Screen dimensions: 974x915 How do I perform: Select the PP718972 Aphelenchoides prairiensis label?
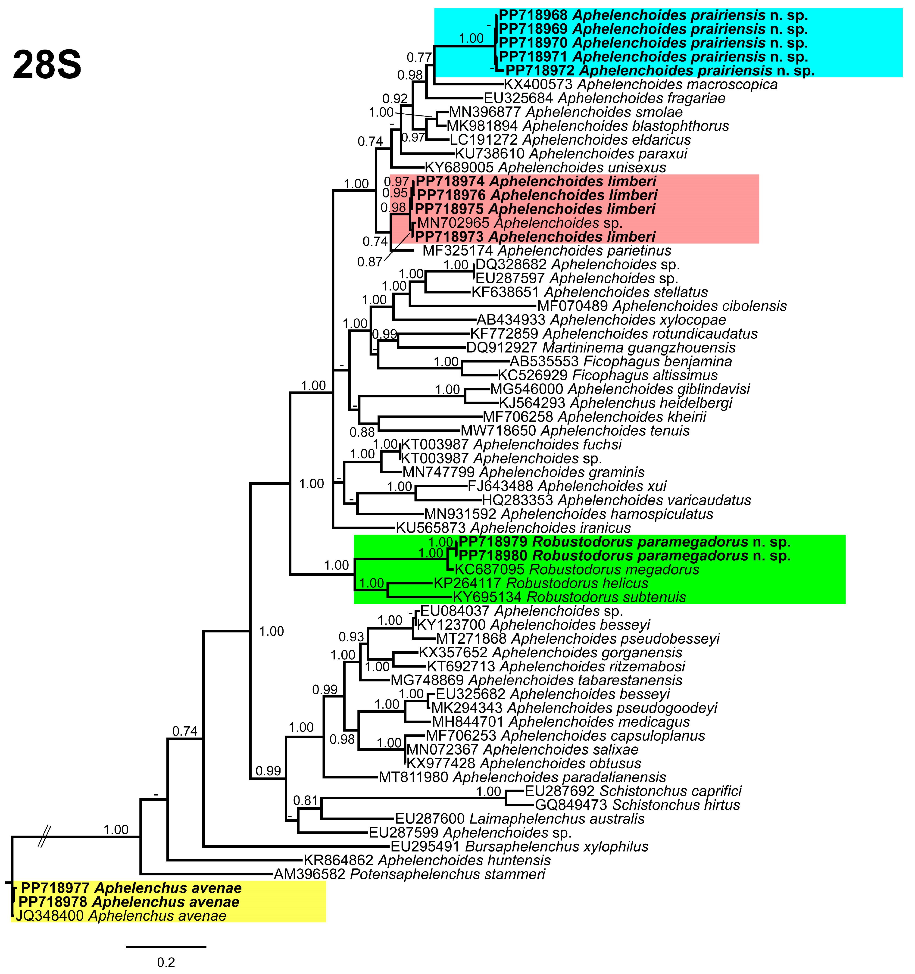tap(660, 71)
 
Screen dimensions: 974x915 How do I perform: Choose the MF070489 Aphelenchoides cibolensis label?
tap(662, 306)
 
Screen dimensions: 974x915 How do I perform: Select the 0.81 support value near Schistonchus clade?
tap(306, 801)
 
